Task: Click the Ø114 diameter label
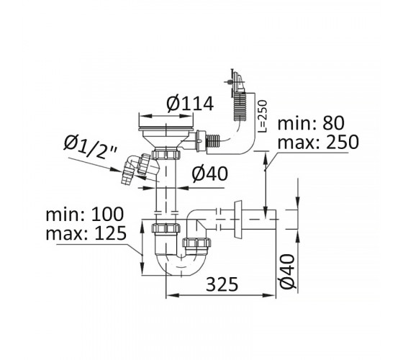point(190,104)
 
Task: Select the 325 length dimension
point(222,284)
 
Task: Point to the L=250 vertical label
point(263,116)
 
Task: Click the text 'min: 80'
point(311,123)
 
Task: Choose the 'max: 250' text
point(318,142)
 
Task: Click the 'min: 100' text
point(85,214)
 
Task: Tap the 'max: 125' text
point(86,233)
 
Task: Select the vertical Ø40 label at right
point(287,271)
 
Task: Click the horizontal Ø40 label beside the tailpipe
point(209,174)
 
